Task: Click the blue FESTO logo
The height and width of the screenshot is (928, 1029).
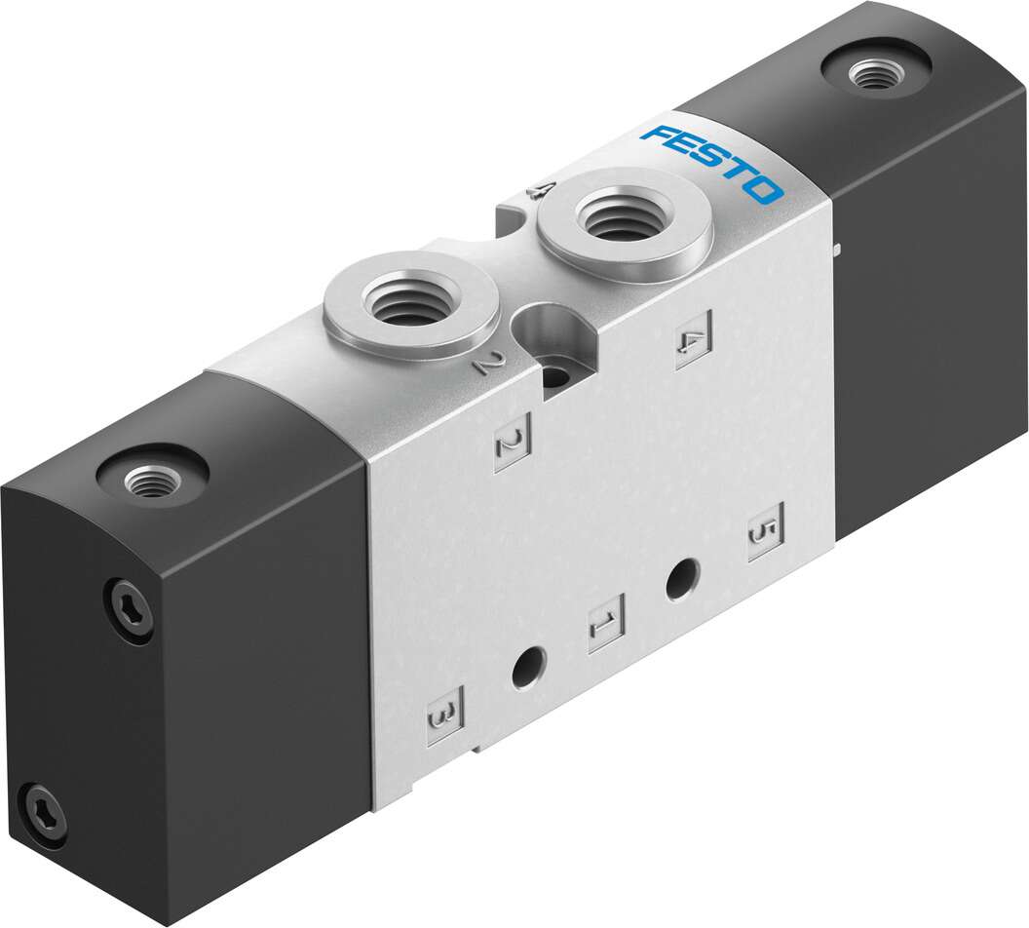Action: [x=712, y=164]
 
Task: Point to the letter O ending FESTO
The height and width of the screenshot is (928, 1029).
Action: [x=764, y=191]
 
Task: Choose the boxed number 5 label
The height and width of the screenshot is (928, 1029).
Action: [x=765, y=531]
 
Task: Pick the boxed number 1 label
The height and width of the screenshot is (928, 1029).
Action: [x=606, y=624]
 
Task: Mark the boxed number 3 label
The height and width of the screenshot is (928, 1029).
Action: [x=445, y=715]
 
